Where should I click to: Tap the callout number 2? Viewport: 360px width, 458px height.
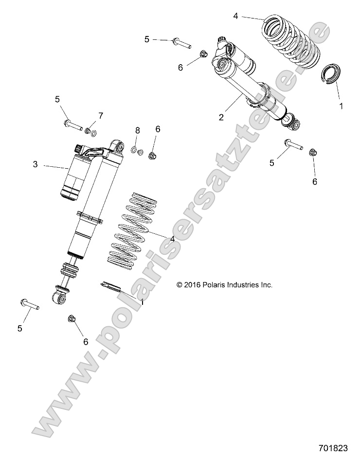[x=221, y=117]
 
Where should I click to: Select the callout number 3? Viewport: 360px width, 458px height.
[x=36, y=165]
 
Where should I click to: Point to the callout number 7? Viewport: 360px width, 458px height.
[x=101, y=116]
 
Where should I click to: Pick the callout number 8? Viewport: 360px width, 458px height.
[x=138, y=130]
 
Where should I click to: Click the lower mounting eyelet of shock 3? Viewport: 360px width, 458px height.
[x=60, y=298]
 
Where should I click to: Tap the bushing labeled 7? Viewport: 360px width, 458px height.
[x=89, y=130]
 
